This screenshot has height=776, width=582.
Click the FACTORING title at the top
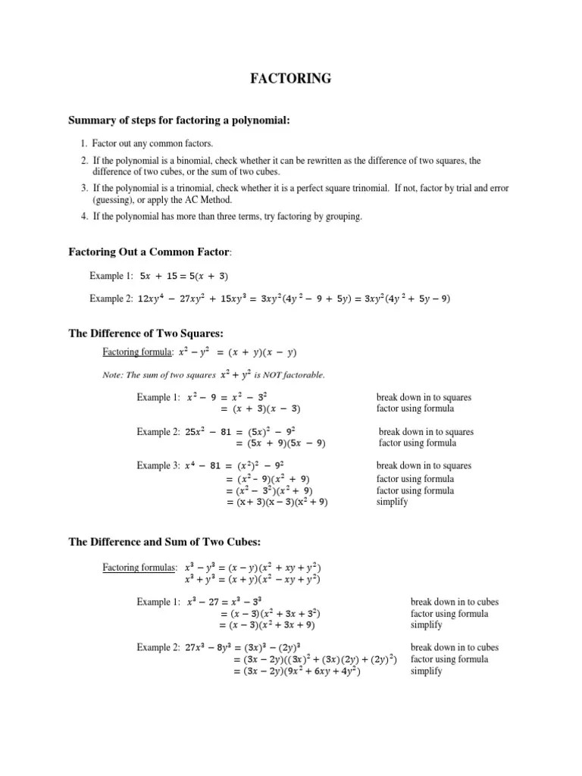[291, 78]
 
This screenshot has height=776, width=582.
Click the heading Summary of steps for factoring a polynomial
[180, 120]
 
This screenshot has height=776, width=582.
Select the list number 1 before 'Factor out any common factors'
[83, 142]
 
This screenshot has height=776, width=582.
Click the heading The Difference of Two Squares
[146, 333]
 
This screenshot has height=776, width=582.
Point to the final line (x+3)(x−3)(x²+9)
[277, 502]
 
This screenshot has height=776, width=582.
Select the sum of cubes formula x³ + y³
[252, 580]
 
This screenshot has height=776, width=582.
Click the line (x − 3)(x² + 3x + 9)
[267, 625]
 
